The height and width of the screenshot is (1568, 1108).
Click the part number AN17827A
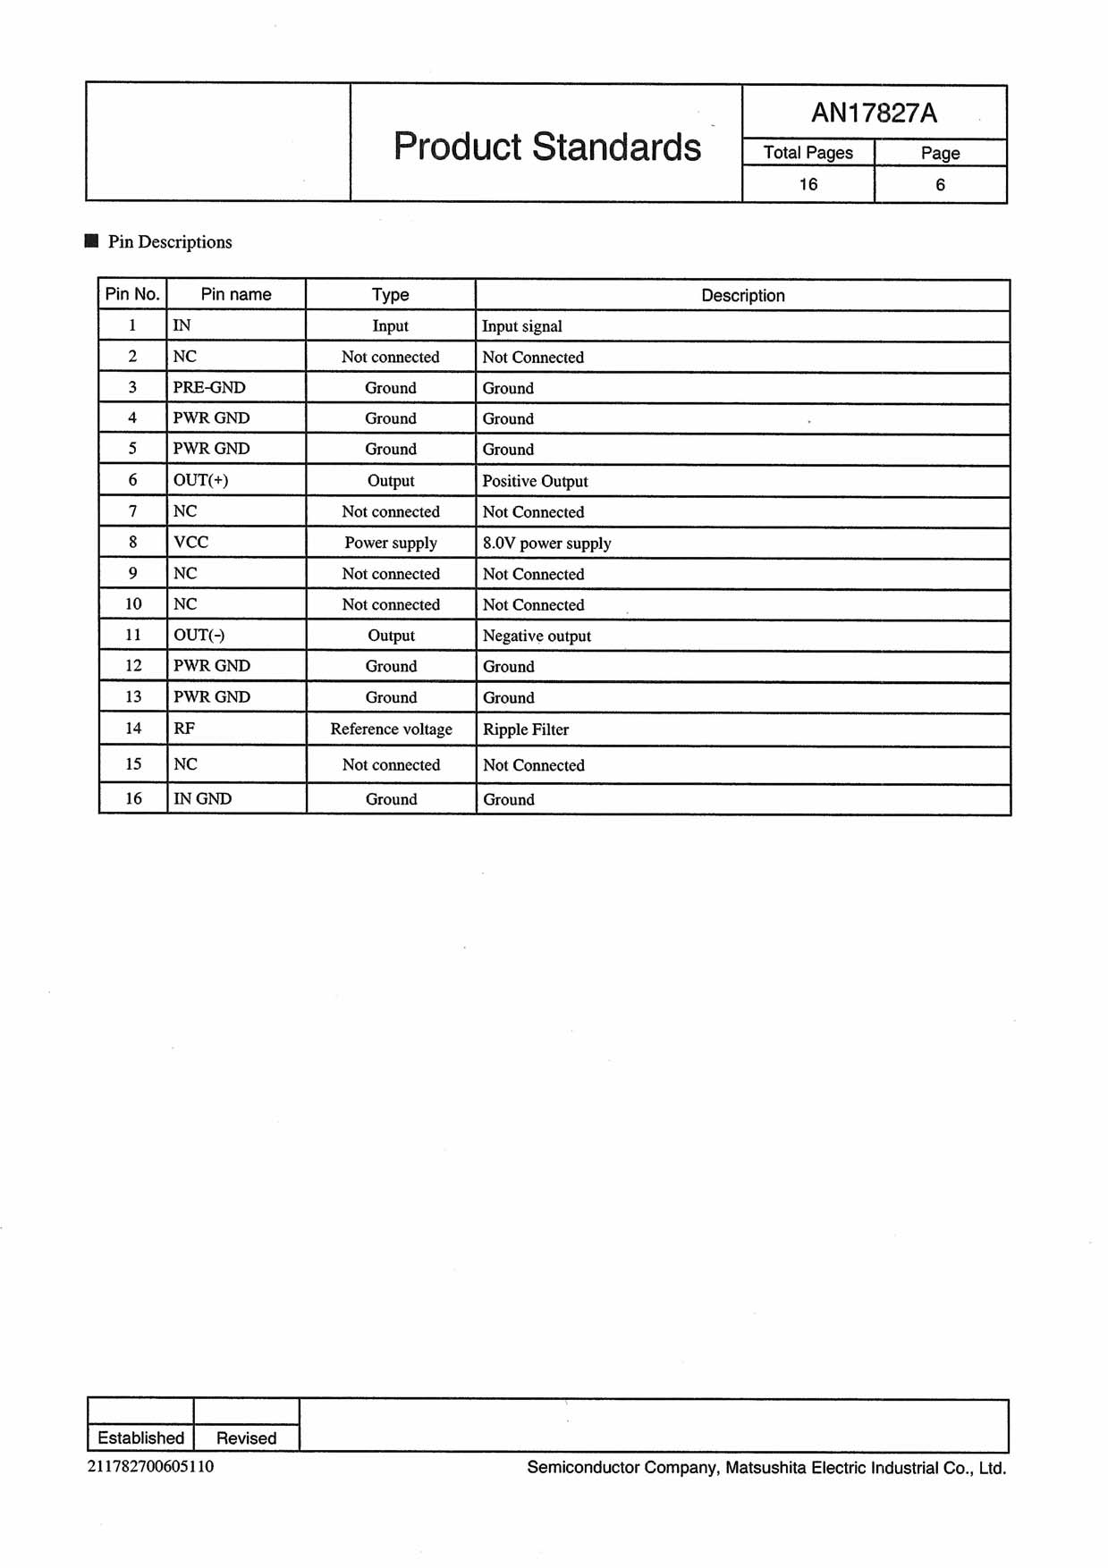(874, 113)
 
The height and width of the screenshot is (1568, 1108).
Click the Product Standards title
(546, 147)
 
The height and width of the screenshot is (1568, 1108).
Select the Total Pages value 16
(808, 184)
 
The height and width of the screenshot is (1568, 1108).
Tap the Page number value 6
(940, 185)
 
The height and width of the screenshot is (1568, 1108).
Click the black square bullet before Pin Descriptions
(91, 241)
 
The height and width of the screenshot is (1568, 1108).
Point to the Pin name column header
(236, 294)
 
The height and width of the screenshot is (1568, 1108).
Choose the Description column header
(742, 295)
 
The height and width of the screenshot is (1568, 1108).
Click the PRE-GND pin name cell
(209, 387)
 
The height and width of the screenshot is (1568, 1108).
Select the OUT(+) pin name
(200, 480)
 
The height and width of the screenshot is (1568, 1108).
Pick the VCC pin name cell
(190, 542)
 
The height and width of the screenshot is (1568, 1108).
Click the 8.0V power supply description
(546, 543)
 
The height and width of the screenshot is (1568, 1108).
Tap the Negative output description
(537, 636)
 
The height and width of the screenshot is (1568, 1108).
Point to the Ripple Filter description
(526, 729)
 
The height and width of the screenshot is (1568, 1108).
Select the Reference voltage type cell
(391, 729)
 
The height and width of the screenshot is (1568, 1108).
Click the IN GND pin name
(202, 798)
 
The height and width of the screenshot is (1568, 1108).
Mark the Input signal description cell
(522, 326)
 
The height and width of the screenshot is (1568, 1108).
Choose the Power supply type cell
(391, 543)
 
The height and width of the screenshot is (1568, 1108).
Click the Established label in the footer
(140, 1437)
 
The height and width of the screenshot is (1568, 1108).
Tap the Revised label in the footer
(246, 1437)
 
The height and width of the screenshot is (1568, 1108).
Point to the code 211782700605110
(150, 1466)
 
